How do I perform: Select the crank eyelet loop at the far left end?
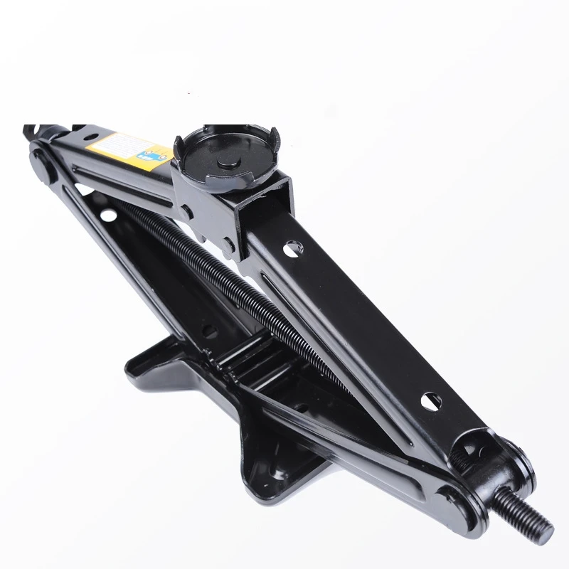[31, 132]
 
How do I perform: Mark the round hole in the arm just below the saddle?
[292, 248]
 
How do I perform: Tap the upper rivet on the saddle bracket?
[187, 212]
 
